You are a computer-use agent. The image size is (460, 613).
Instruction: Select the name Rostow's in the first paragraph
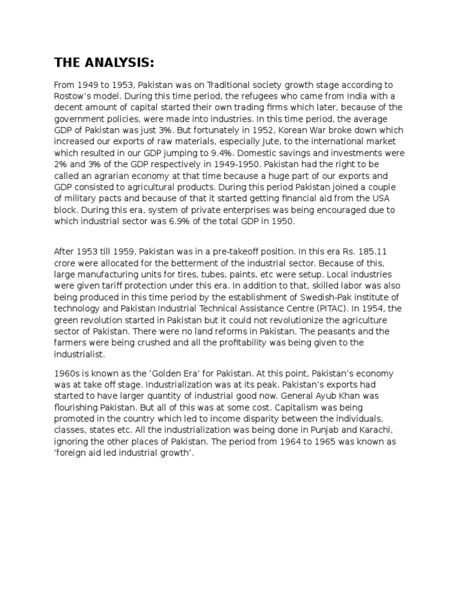tap(72, 96)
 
